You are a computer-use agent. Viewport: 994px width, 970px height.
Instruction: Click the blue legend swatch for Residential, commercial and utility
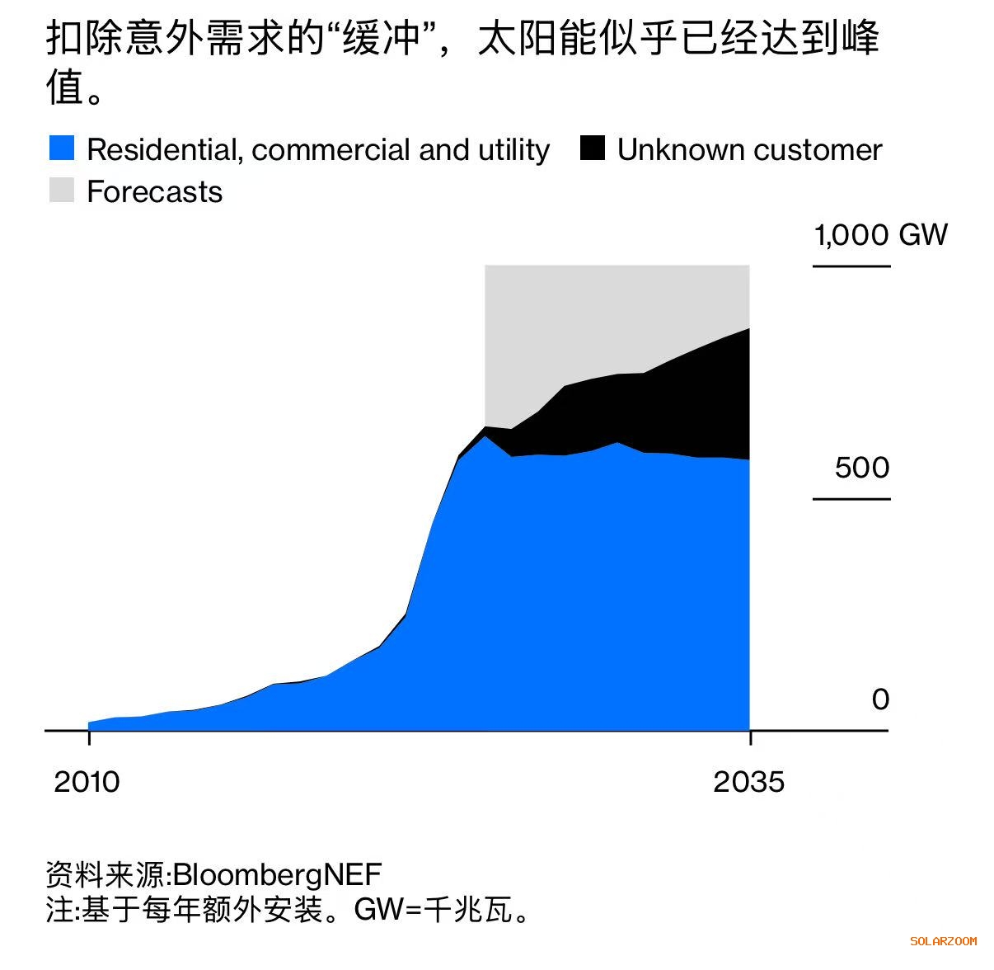[62, 148]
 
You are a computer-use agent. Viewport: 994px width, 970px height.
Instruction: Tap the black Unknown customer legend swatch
[593, 148]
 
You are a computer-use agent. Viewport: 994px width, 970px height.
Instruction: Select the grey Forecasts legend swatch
[62, 191]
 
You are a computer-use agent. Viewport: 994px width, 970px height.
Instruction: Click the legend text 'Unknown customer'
[749, 150]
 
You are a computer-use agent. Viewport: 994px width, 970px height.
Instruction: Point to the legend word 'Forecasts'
[154, 192]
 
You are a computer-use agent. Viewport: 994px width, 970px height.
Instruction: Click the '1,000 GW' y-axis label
[880, 235]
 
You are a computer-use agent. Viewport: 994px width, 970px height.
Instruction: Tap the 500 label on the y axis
[862, 468]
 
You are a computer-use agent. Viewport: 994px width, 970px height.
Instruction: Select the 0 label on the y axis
[880, 699]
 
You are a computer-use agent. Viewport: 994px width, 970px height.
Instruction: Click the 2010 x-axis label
[87, 782]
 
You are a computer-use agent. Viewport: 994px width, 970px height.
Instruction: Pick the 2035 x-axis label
[748, 782]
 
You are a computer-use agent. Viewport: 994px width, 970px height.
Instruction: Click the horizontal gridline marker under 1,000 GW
[851, 266]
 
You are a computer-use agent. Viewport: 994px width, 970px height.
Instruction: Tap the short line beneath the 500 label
[851, 499]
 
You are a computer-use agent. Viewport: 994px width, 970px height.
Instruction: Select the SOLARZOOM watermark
[943, 940]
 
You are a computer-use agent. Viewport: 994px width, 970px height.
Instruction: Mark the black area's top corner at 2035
[748, 329]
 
